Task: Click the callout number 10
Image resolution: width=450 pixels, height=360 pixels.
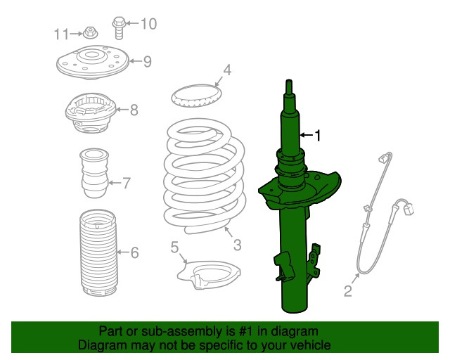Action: point(148,23)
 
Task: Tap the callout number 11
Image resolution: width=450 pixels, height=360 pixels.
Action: point(62,34)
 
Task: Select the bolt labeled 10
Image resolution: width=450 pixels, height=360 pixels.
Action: point(119,28)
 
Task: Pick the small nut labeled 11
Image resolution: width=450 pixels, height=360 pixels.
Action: point(91,33)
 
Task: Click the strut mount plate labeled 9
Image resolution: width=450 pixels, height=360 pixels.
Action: point(93,63)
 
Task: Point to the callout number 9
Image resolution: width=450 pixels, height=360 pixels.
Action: point(147,61)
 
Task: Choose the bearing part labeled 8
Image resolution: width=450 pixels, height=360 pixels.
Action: point(91,112)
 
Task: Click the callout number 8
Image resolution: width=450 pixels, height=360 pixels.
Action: point(134,110)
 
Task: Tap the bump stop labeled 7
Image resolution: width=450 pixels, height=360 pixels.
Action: point(94,173)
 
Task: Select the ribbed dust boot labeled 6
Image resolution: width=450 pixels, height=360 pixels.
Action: point(98,253)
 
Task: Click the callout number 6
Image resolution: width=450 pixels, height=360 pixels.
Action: point(134,252)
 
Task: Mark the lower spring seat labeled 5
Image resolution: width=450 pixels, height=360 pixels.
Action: point(209,274)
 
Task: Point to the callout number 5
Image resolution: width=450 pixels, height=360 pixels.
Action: point(174,247)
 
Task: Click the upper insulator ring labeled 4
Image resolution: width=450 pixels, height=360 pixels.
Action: point(197,96)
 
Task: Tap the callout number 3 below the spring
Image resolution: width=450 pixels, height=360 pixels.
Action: point(237,245)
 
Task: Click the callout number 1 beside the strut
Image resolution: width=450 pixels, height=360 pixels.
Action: point(317,135)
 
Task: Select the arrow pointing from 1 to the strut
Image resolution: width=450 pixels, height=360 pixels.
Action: point(307,134)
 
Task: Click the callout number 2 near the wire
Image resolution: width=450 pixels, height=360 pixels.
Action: point(348,291)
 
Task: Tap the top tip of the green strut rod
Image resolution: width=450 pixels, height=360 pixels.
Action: point(289,80)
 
